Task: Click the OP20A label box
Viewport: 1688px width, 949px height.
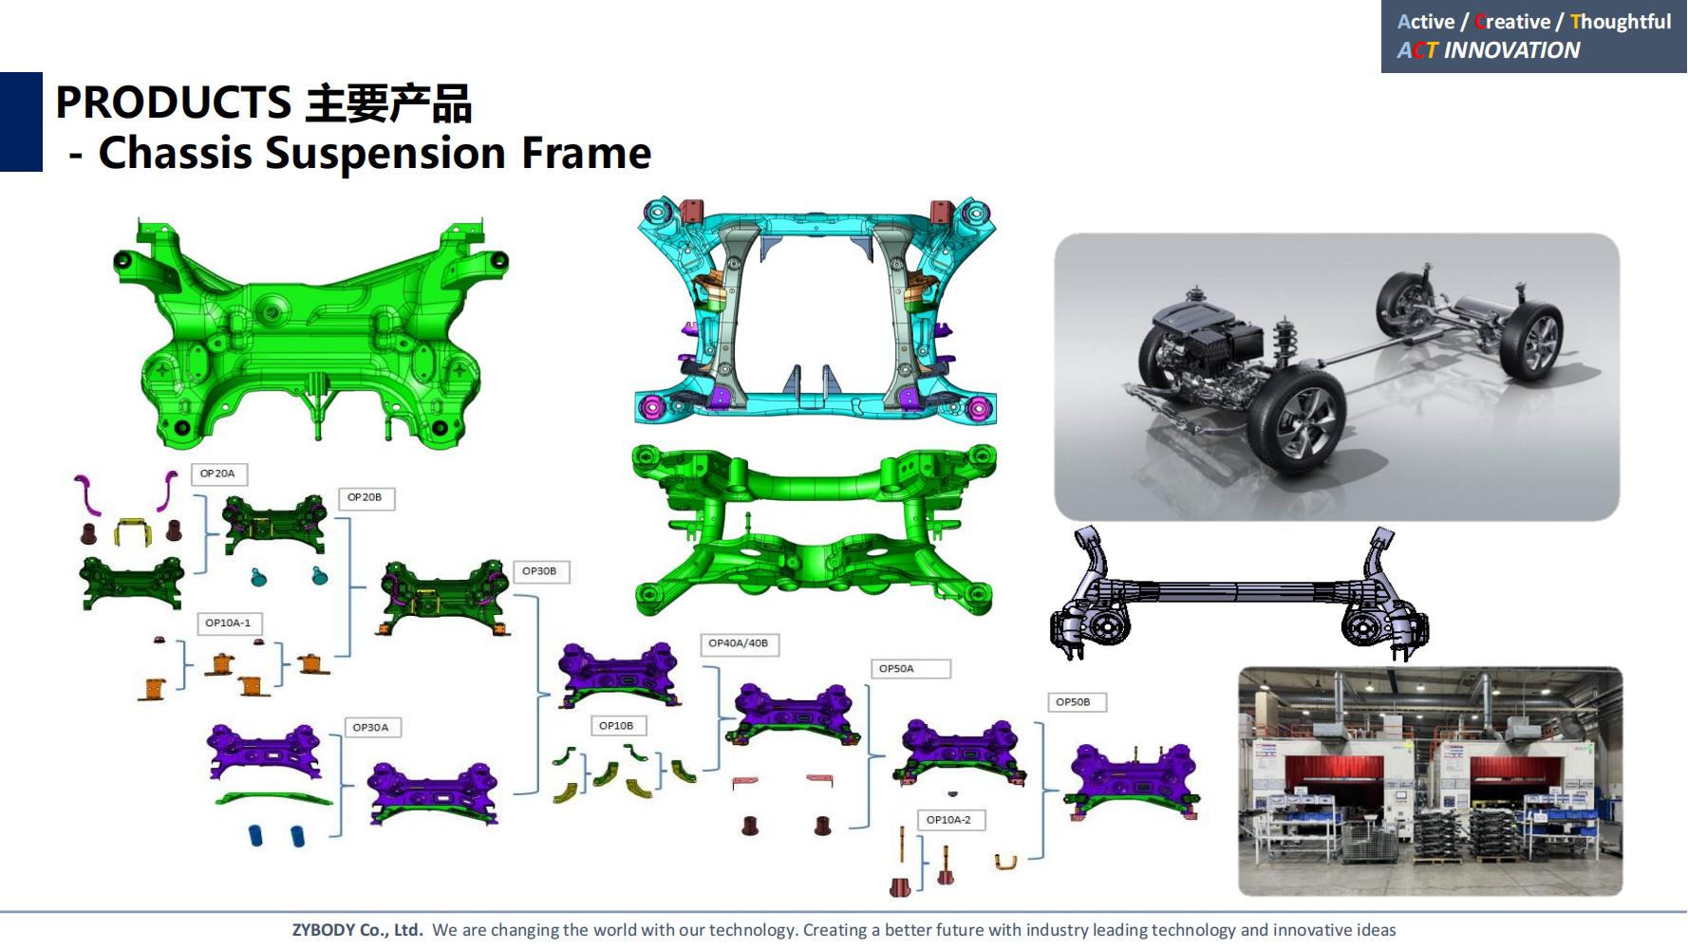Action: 219,474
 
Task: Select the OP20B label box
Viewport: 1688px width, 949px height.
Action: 366,498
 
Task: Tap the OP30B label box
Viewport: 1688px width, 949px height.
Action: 540,571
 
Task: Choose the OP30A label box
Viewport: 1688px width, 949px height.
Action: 372,728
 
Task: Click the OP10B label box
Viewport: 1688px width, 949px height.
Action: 617,726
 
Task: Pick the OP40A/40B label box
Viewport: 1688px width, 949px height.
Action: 739,643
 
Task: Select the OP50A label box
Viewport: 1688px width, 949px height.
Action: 910,669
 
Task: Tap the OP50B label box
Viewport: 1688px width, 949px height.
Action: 1077,702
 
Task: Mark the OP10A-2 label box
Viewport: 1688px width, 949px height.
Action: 950,820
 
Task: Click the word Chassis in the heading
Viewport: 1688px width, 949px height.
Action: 176,153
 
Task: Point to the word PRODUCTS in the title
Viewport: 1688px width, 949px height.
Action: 174,102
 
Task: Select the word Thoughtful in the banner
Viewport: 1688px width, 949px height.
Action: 1621,21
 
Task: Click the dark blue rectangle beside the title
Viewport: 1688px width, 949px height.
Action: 21,121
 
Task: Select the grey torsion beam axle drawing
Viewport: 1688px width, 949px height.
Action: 1238,594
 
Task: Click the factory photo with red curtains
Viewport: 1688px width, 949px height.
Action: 1431,781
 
